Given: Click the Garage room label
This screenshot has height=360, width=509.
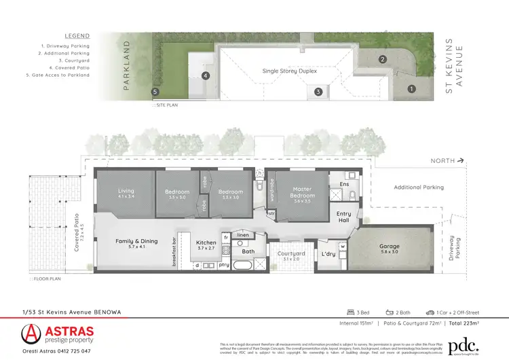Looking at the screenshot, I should pos(394,249).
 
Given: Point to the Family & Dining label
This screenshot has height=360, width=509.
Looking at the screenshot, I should pos(136,241).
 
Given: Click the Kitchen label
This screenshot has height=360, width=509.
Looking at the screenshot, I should pos(206,242).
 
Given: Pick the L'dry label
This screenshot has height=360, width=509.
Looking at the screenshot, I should pos(328,255).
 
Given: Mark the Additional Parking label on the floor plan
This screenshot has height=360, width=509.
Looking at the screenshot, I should pos(419,187).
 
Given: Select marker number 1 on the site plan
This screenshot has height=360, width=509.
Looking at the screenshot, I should pos(411,88).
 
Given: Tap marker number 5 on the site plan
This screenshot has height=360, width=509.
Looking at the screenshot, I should pos(155,91).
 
